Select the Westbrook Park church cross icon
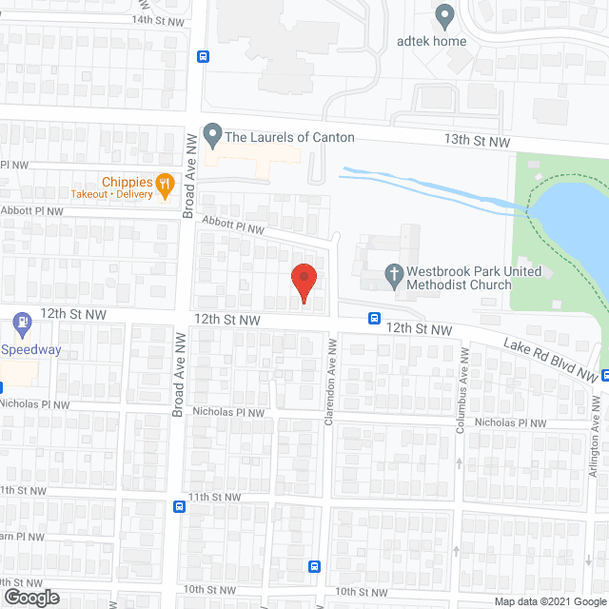tap(395, 277)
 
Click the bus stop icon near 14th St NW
tap(203, 56)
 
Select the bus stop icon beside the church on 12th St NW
tap(375, 319)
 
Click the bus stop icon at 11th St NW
tap(180, 507)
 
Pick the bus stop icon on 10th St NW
tap(314, 567)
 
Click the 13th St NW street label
tap(477, 141)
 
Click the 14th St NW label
tap(155, 19)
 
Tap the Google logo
tap(30, 597)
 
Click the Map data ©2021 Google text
tap(548, 600)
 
